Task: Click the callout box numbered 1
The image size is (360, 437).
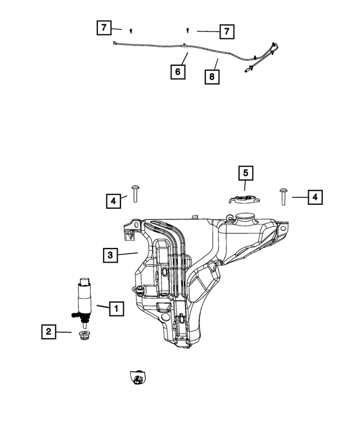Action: tap(116, 309)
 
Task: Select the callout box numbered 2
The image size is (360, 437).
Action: tap(49, 332)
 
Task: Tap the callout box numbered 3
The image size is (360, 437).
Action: tap(110, 255)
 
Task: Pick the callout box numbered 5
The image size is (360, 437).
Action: tap(245, 173)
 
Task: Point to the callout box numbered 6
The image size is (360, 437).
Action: tap(178, 71)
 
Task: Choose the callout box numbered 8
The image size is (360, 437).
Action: tap(212, 76)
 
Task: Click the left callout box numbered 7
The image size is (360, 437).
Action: tap(104, 28)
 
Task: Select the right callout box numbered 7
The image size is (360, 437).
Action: tap(227, 31)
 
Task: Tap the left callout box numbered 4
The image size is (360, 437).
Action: tap(114, 201)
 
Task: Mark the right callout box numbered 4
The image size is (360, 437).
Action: tap(315, 197)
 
